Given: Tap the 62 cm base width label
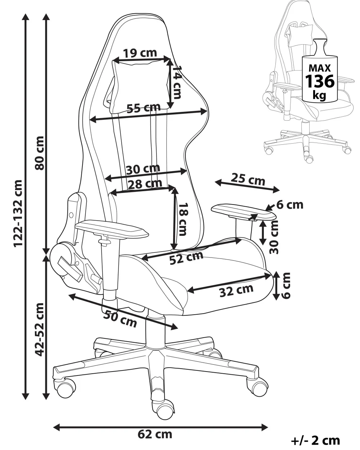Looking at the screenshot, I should pos(155,435).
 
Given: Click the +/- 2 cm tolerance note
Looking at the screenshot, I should pos(315,441).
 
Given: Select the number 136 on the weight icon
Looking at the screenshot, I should pos(320,81).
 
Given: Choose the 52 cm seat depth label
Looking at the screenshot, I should pos(186,257).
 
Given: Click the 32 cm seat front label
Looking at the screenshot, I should pos(236,290).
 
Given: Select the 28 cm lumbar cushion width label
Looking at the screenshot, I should pos(145,183).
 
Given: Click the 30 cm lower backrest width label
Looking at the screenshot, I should pos(143,168).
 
